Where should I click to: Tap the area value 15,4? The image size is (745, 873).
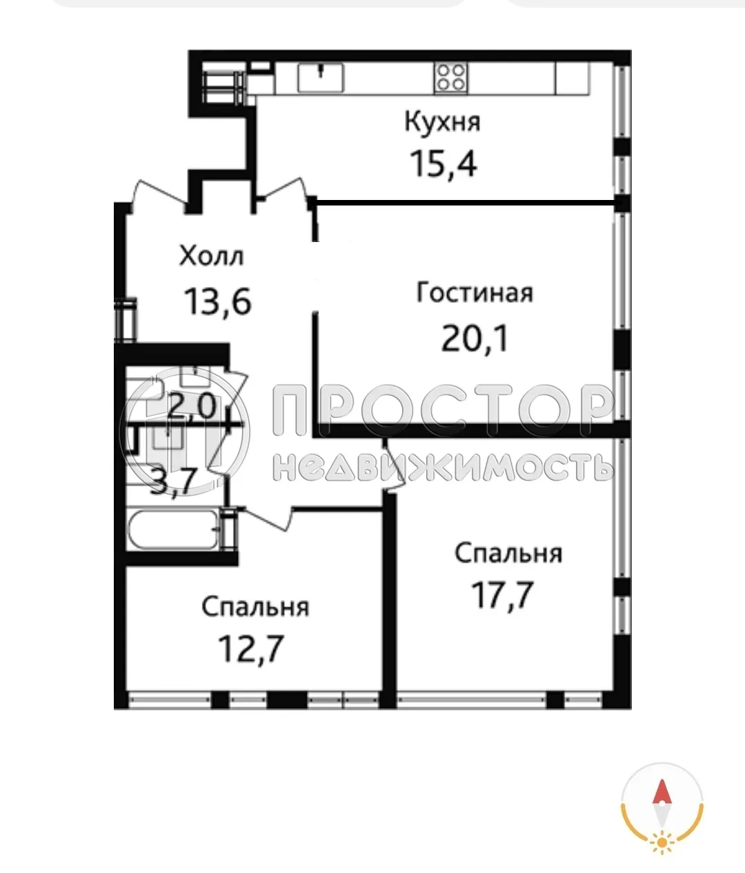point(443,164)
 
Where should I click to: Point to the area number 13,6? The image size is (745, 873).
point(217,301)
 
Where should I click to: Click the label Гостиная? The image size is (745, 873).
point(475,292)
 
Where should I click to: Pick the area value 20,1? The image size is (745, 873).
point(475,339)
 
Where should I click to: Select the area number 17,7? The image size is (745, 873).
point(502,595)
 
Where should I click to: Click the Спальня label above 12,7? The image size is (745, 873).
point(255,607)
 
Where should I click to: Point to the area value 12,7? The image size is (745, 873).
point(251,649)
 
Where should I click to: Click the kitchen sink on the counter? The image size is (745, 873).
point(321,77)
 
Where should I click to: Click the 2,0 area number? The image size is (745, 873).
point(192,408)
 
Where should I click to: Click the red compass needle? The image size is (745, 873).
point(662,794)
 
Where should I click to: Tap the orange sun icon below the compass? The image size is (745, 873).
point(662,841)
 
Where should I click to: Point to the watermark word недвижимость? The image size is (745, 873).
point(443,467)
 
